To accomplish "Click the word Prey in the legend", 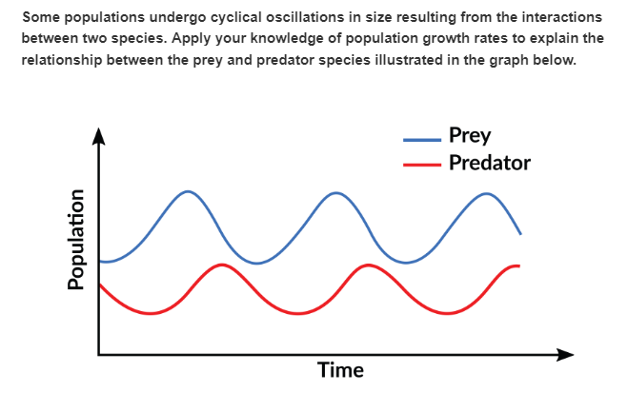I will (x=470, y=135).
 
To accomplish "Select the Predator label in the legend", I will (x=489, y=163).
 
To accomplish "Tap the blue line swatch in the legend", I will (x=422, y=136).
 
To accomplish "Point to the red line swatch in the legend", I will (x=422, y=164).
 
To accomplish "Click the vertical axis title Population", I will (x=77, y=237).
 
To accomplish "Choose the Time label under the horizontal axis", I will (x=340, y=371).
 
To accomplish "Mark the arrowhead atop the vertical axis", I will (x=98, y=134).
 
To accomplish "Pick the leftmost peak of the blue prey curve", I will (x=189, y=191).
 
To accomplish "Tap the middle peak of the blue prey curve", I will (x=335, y=193).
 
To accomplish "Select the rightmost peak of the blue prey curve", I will (x=487, y=193).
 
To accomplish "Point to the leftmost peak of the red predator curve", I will (x=221, y=265).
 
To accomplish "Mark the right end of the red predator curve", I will (x=519, y=265).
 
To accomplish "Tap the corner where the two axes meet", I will (x=99, y=355).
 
